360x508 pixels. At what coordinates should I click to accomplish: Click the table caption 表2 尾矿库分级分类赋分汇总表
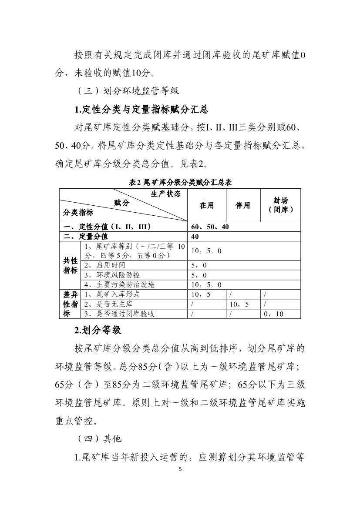pyautogui.click(x=180, y=183)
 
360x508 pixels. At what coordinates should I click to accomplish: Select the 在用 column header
pyautogui.click(x=207, y=205)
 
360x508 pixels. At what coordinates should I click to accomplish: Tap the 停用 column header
pyautogui.click(x=243, y=205)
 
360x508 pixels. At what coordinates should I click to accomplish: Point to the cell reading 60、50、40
pyautogui.click(x=210, y=227)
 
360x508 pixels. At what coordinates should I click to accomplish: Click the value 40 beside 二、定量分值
pyautogui.click(x=195, y=237)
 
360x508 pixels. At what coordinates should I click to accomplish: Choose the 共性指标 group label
pyautogui.click(x=71, y=265)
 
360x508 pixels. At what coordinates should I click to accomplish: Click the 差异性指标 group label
pyautogui.click(x=71, y=304)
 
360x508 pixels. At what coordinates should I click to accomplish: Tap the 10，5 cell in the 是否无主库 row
pyautogui.click(x=239, y=304)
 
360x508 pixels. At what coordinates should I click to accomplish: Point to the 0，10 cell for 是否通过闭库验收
pyautogui.click(x=273, y=314)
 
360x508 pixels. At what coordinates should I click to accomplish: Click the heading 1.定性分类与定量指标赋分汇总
pyautogui.click(x=141, y=109)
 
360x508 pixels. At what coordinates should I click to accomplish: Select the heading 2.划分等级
pyautogui.click(x=97, y=330)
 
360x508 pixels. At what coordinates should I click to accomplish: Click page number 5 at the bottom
pyautogui.click(x=180, y=470)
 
